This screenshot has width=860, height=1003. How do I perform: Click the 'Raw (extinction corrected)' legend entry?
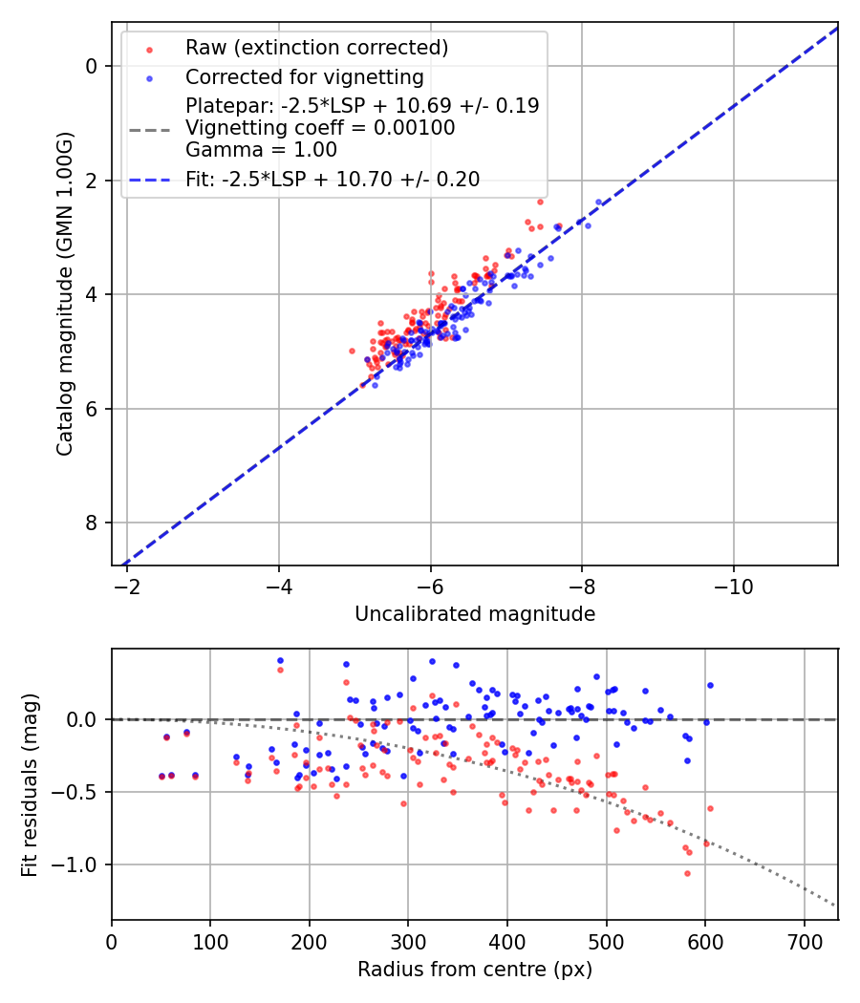tap(316, 48)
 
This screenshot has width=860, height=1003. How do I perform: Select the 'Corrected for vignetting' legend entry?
tap(304, 76)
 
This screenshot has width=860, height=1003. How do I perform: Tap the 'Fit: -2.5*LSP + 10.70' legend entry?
tap(333, 179)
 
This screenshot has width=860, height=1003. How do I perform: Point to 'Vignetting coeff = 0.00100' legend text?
tap(320, 128)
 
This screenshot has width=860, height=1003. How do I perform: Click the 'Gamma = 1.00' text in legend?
tap(261, 150)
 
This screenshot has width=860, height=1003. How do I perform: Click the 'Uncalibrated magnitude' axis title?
tap(475, 614)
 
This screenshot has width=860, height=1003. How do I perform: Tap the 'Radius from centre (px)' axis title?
tap(475, 970)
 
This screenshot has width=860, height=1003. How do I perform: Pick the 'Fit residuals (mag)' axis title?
tap(30, 785)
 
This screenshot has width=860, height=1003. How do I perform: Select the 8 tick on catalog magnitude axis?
tap(92, 523)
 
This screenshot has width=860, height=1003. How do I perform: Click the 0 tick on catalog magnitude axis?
tap(92, 66)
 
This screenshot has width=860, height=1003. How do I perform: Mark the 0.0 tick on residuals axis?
tap(84, 719)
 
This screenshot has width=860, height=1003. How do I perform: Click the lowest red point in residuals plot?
tap(686, 873)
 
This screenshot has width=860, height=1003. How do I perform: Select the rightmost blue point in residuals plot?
tap(710, 685)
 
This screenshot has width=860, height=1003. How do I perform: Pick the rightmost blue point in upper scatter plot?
tap(599, 202)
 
